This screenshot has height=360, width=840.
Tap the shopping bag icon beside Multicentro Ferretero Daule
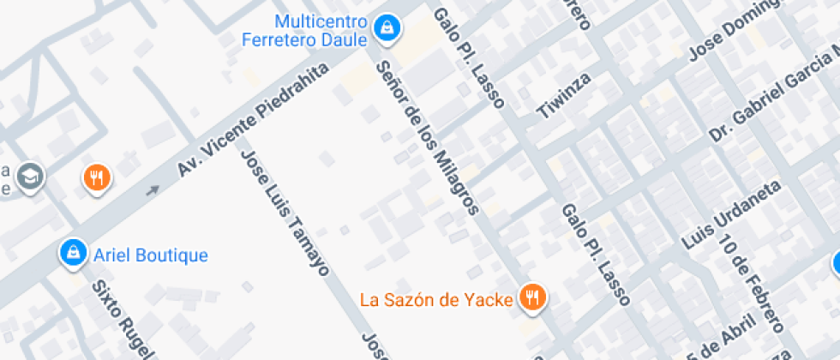point(388,26)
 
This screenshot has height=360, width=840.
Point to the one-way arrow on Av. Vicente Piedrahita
point(153,190)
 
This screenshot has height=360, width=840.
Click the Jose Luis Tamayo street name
point(285,213)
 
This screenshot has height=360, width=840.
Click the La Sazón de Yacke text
point(436,299)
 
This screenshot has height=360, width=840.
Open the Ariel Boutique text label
point(151,255)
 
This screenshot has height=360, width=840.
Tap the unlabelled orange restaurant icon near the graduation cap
point(97,178)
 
